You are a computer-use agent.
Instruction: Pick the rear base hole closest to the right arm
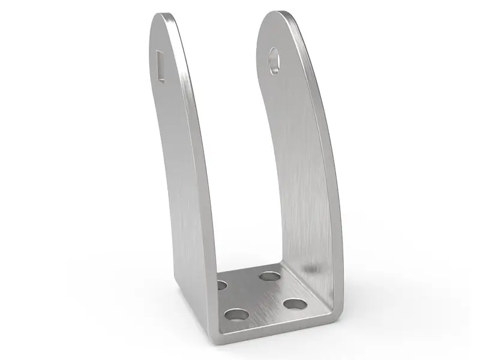(270, 277)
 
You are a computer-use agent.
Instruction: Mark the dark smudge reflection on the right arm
(309, 268)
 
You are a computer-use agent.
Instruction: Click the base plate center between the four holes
(258, 294)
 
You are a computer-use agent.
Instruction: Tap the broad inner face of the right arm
(294, 150)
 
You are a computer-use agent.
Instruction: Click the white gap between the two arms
(234, 150)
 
